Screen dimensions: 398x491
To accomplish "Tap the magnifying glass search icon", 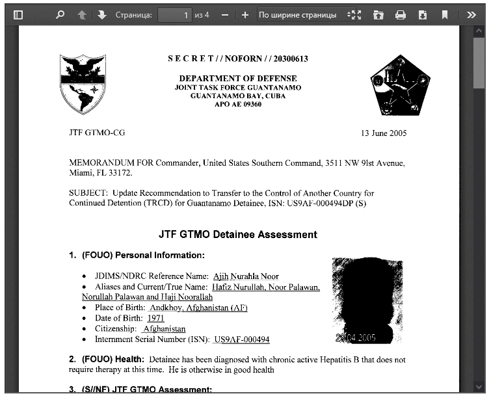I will coord(60,15).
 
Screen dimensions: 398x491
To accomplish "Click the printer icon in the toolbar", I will coord(401,15).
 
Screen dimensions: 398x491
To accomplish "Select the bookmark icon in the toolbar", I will coord(445,15).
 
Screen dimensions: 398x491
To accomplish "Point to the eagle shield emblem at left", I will coord(83,83).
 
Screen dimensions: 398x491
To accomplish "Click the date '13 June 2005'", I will coord(384,133).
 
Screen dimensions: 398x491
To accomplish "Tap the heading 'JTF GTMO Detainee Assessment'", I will coord(238,234).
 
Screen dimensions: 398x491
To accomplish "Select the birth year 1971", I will coord(156,318).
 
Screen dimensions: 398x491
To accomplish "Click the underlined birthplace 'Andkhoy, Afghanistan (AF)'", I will coord(198,308).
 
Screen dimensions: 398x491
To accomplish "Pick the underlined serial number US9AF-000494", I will coord(241,339).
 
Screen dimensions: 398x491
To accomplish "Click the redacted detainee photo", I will coord(367,300).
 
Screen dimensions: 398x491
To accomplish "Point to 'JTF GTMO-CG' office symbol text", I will coord(97,133).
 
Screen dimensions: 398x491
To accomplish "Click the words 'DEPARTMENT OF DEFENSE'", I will coord(237,79).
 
